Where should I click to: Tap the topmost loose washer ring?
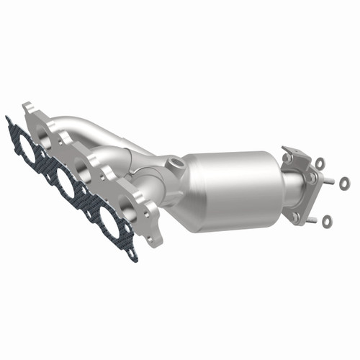(320, 163)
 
